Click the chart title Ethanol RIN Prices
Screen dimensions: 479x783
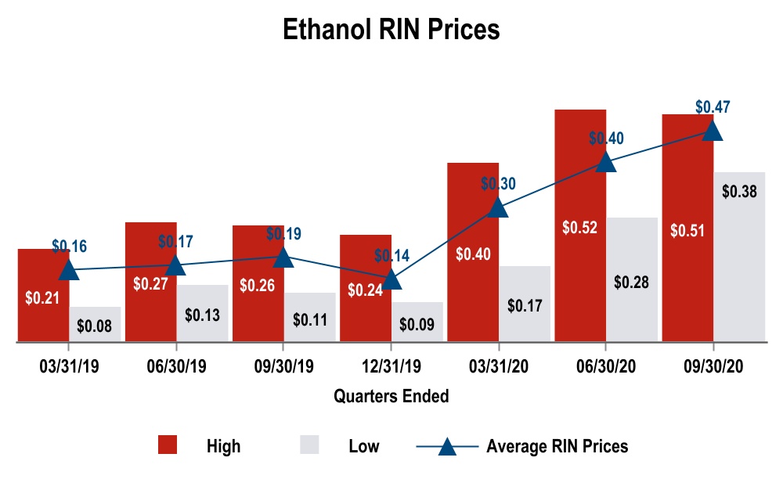coord(391,30)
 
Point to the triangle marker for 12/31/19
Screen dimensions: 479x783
coord(391,278)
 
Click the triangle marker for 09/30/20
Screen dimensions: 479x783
coord(713,130)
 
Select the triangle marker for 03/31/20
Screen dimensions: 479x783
coord(498,207)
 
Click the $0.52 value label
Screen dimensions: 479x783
coord(580,228)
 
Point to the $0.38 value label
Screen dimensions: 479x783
coord(739,191)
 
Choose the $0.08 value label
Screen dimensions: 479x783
coord(96,323)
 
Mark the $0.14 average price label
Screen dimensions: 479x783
coord(392,255)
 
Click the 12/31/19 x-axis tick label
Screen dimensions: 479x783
coord(391,367)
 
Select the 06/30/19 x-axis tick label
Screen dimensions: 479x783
coord(177,367)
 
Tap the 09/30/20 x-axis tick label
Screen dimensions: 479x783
coord(713,367)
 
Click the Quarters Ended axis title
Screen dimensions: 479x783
coord(391,396)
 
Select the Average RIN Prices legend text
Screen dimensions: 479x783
coord(557,446)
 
